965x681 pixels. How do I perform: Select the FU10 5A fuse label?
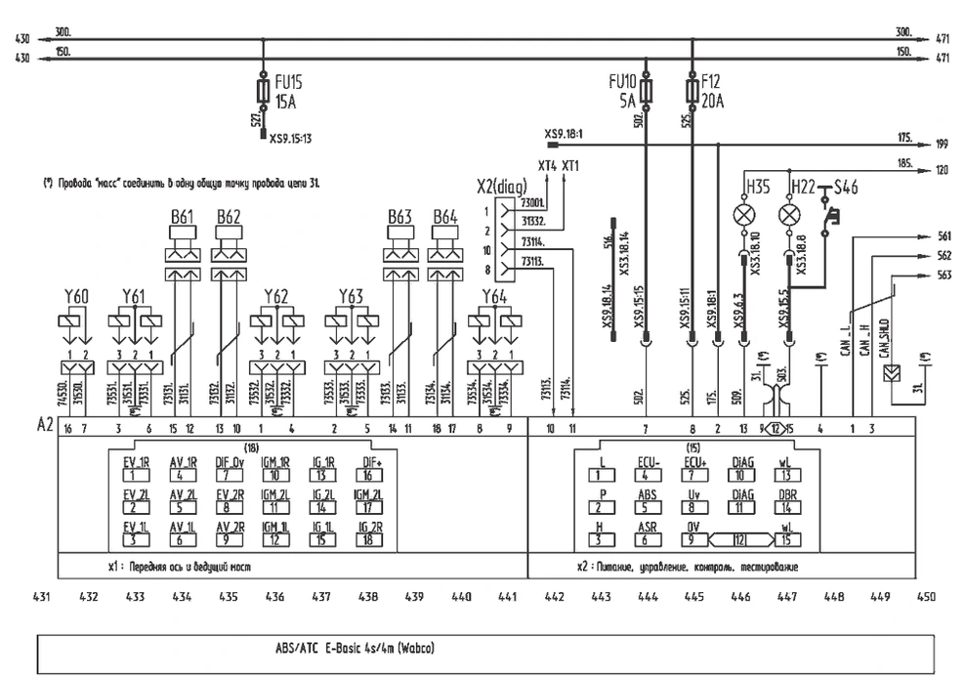(x=622, y=92)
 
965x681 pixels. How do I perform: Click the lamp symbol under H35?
(x=743, y=211)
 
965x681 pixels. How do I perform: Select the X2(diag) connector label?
(x=500, y=187)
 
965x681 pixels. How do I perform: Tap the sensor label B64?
(x=445, y=216)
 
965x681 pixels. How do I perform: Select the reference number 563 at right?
(x=943, y=275)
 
